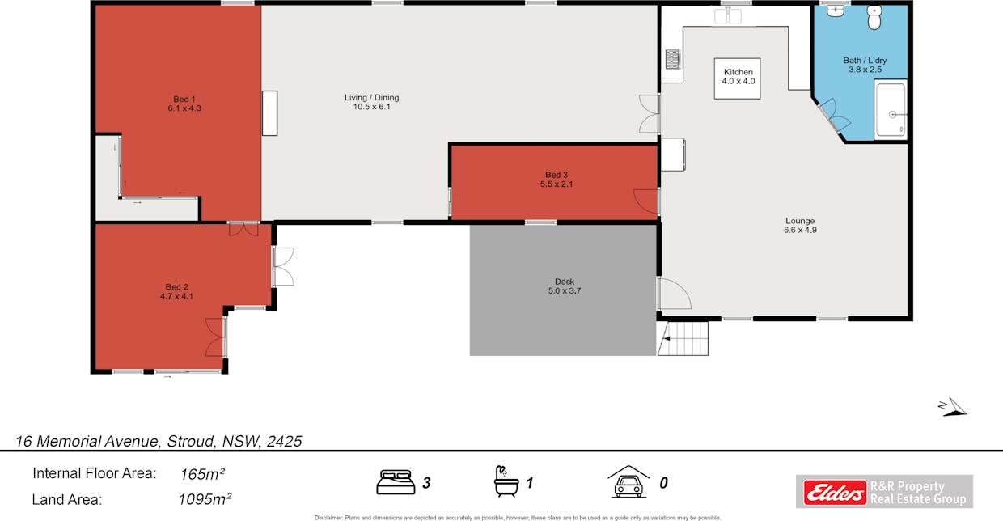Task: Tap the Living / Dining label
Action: pos(371,97)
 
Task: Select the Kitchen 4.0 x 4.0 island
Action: pos(737,78)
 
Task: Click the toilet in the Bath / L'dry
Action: pos(874,17)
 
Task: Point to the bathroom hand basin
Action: pos(835,11)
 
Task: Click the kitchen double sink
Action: pos(728,16)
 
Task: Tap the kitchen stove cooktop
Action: pos(672,59)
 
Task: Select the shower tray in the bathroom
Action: pos(891,109)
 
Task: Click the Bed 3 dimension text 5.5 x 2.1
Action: pos(557,184)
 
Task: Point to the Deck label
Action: pos(565,282)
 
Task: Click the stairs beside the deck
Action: pos(683,338)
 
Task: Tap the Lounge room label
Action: pos(800,221)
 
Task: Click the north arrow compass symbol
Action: pos(953,407)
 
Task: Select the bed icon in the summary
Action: pos(396,482)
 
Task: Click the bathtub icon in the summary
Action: pos(506,481)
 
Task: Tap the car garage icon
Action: pos(628,481)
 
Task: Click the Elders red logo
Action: pos(835,493)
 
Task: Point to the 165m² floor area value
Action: pos(202,474)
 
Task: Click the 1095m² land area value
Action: pos(205,499)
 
